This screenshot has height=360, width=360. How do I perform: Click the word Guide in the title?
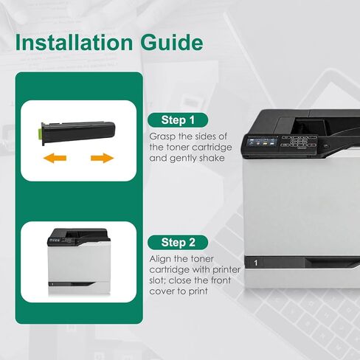(172, 42)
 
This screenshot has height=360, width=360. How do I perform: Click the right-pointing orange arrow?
(102, 158)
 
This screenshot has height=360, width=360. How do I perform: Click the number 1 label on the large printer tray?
(256, 263)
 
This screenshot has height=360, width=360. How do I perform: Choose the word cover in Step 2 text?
(162, 291)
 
